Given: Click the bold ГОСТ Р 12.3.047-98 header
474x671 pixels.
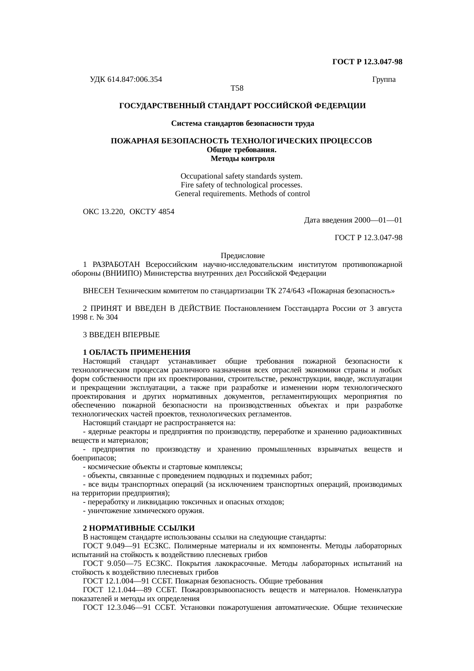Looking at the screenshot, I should point(367,62).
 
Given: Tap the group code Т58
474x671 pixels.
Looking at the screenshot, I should point(237,88).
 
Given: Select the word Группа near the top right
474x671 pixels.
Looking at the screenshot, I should point(383,80).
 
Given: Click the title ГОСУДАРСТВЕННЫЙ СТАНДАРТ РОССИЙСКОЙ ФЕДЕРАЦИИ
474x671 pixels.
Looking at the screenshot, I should point(242,106).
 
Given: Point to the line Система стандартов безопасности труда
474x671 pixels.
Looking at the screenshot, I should point(242,123).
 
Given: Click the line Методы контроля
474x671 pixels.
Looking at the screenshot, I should point(242,158).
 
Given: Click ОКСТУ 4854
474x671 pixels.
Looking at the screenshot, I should point(152,211).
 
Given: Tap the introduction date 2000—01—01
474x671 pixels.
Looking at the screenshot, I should point(378,220).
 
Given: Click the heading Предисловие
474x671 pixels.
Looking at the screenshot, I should point(242,255).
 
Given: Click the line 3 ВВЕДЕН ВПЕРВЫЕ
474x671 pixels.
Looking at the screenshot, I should point(121,335).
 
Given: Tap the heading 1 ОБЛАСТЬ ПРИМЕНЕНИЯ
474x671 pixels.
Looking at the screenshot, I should point(136,352).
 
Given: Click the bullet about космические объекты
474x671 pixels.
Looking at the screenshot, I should point(162,467).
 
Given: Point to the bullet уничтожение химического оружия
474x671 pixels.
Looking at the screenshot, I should point(143,511).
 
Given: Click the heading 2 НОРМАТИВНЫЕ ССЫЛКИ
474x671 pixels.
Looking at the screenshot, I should point(139,528).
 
